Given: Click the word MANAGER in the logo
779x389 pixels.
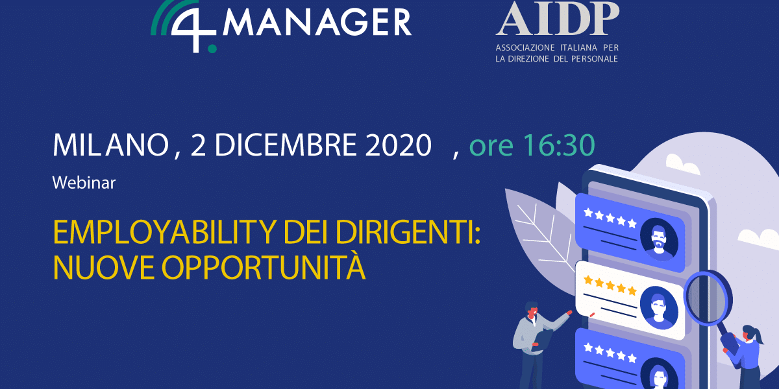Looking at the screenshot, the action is click(317, 22).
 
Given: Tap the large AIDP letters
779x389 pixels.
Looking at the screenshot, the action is click(558, 18).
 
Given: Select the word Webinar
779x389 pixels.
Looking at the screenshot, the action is click(84, 183).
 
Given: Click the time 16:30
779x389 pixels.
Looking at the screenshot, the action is click(559, 145).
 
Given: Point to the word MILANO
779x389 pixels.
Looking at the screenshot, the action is click(110, 145).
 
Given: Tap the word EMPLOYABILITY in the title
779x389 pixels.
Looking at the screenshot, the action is click(164, 232).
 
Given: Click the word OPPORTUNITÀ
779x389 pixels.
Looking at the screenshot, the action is click(264, 267).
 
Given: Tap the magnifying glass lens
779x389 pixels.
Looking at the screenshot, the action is click(708, 298).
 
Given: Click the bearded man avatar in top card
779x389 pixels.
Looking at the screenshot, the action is click(659, 239).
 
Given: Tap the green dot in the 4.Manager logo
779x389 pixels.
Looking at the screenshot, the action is click(212, 49).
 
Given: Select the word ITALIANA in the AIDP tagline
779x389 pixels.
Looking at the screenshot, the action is click(578, 47).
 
